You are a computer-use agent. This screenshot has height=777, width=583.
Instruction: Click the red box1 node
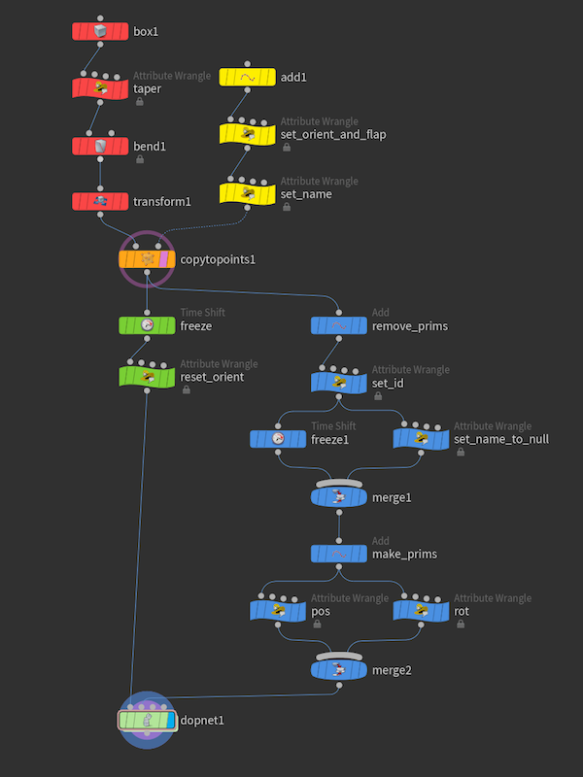coord(100,31)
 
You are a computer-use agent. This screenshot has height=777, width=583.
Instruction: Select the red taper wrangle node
coord(100,88)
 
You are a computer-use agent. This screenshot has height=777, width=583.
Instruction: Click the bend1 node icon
coord(100,147)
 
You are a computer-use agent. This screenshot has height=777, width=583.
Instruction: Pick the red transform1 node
coord(100,202)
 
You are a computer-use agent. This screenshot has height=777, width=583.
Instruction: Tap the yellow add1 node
coord(248,78)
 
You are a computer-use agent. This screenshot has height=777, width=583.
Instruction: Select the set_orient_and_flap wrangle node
coord(248,134)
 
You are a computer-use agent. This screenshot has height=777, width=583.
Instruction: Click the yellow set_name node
coord(248,193)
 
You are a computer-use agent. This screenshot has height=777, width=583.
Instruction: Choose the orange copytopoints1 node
coord(147,259)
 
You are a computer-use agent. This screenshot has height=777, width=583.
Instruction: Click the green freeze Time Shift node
coord(147,325)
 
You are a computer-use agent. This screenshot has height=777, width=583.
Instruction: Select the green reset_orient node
coord(147,377)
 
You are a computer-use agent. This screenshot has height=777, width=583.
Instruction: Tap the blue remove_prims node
coord(339,325)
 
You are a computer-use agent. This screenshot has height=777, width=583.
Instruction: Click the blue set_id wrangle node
coord(339,383)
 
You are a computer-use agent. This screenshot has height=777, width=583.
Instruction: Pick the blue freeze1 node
coord(278,439)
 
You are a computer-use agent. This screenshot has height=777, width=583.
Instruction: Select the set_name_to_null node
coord(422,439)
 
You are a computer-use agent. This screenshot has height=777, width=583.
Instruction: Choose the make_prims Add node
coord(339,554)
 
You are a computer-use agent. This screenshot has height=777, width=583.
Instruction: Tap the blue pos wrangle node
coord(278,611)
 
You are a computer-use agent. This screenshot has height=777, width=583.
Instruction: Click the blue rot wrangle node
coord(422,611)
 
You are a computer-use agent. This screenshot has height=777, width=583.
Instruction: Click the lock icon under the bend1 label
coord(140,159)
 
